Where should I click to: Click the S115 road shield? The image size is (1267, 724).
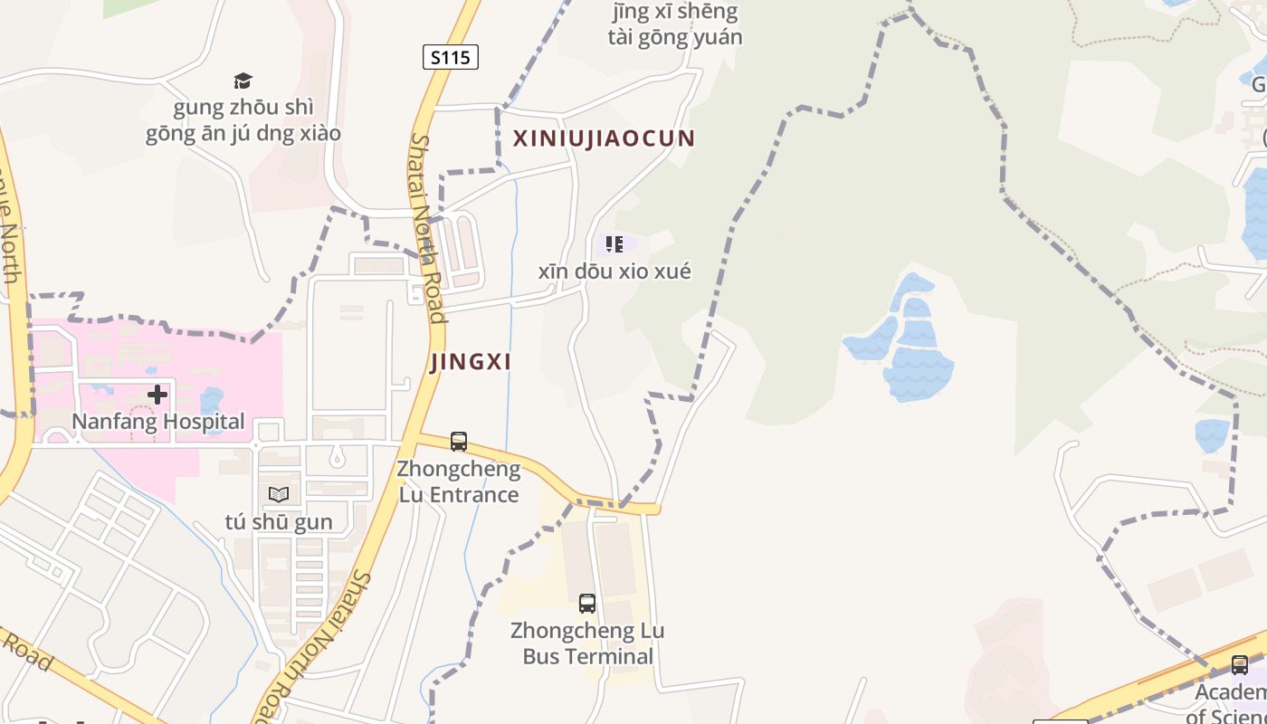tap(450, 58)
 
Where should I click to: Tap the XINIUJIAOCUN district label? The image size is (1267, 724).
tap(604, 138)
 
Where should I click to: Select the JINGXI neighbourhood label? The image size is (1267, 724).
tap(471, 362)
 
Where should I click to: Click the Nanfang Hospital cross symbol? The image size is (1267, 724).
tap(157, 395)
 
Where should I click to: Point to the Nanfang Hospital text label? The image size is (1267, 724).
tap(158, 422)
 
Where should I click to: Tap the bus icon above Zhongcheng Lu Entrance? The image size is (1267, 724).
tap(459, 442)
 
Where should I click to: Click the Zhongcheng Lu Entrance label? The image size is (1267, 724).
tap(459, 481)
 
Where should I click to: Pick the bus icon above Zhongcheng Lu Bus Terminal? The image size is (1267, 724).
tap(587, 603)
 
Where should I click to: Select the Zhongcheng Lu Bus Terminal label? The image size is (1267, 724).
tap(587, 643)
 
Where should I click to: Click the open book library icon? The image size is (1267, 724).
tap(279, 494)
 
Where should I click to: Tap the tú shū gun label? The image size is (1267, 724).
tap(279, 522)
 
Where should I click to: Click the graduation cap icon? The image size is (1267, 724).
tap(243, 81)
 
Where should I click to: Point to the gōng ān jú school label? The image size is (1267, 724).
tap(243, 121)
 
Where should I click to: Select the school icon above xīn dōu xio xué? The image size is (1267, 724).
tap(614, 244)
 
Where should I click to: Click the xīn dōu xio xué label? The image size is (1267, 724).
tap(614, 271)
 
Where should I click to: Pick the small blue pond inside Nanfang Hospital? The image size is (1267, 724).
tap(211, 399)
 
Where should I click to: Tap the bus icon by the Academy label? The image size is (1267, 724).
tap(1240, 665)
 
